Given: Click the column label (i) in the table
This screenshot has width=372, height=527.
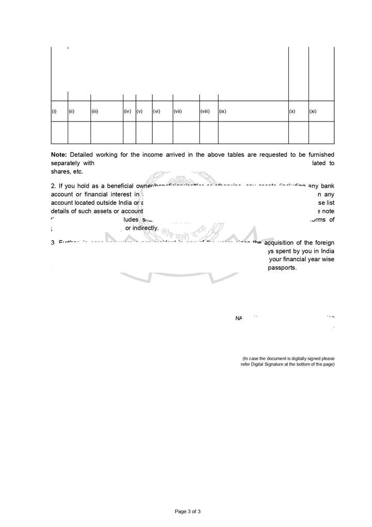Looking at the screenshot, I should pos(54,112).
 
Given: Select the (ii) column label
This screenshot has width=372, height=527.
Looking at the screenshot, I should pos(72,112).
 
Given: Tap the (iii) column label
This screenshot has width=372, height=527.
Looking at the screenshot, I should pos(95,112).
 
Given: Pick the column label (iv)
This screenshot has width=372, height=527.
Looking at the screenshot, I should pos(127,112).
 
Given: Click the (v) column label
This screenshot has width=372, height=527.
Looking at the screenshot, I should pos(139,112).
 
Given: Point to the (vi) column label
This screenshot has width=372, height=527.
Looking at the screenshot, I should pos(157,112).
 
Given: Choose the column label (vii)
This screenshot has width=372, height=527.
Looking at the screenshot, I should pos(178,112).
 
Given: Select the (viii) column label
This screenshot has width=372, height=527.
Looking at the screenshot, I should pos(205,112).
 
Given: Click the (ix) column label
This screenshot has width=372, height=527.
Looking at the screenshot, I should pos(223,112).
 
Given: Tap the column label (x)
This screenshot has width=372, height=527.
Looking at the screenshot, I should pos(292,112).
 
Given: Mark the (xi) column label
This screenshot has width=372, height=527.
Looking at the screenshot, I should pos(313,112).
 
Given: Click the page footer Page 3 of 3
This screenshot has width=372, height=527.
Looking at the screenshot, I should pos(188,511).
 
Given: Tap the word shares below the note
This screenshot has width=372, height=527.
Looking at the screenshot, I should pos(59,172).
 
